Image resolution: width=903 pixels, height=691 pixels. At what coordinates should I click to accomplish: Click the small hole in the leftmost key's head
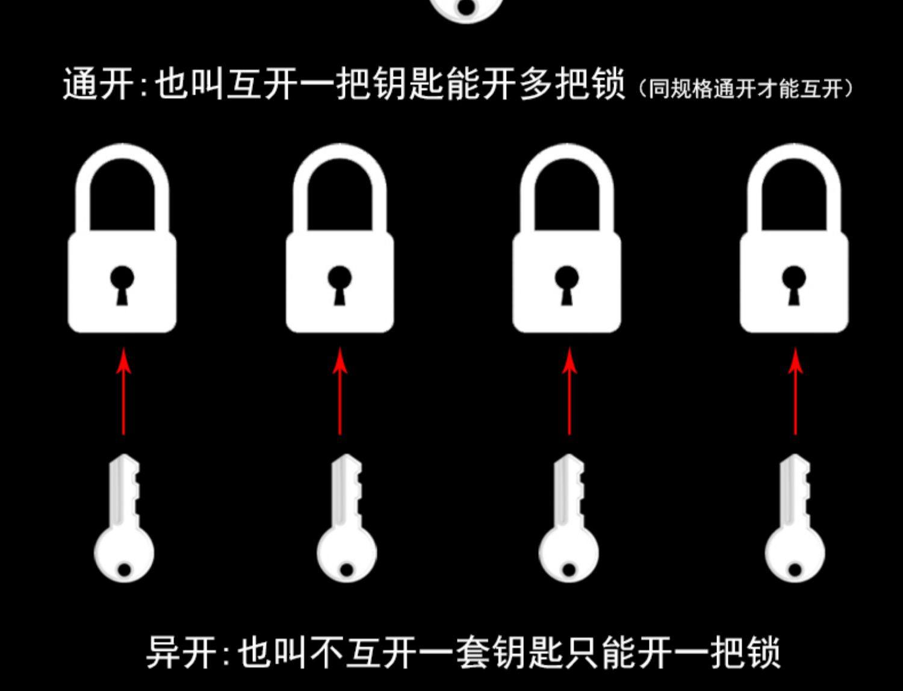[x=124, y=569]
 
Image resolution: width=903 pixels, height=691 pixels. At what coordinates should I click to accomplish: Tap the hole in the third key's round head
[x=569, y=569]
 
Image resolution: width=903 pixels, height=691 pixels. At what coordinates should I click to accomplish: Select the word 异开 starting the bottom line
[x=181, y=651]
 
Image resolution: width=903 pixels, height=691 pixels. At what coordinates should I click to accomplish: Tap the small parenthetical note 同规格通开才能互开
[x=746, y=89]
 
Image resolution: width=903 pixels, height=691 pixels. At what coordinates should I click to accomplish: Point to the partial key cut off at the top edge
[x=467, y=9]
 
